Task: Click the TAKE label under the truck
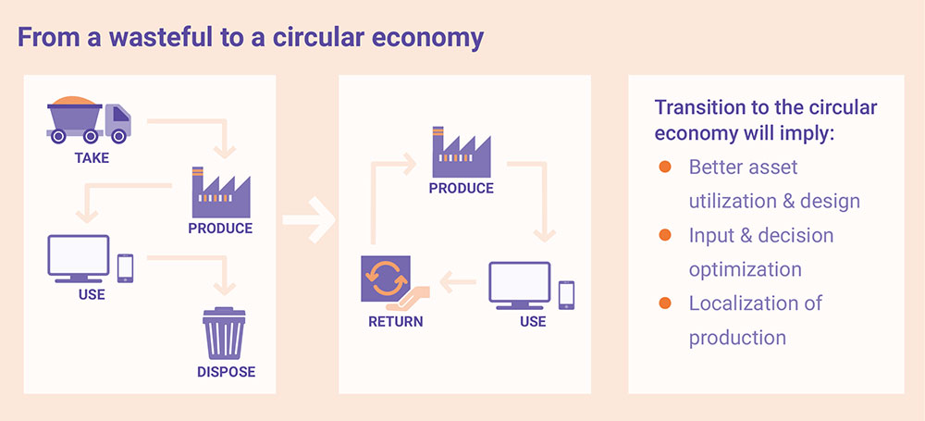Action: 92,157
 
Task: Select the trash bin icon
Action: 225,334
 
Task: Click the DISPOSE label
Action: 226,373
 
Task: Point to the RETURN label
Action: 395,322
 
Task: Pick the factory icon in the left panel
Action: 220,191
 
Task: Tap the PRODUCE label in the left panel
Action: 220,228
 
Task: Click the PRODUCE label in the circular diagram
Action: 461,188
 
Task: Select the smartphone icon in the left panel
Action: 125,266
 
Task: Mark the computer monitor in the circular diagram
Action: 520,285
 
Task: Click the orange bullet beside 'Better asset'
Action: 664,167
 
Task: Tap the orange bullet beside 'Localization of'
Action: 664,303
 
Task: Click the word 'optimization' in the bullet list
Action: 746,269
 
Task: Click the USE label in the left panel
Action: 92,295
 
